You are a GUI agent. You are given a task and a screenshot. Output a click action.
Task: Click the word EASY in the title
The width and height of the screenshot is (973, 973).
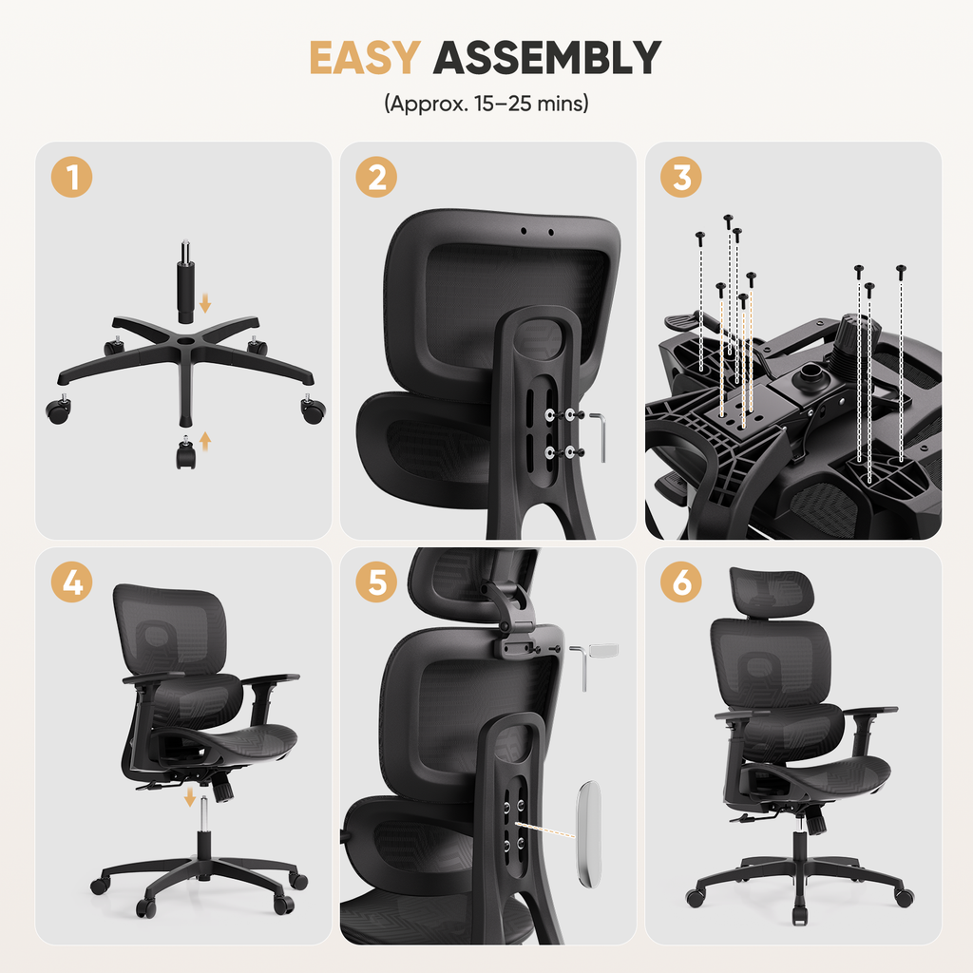(365, 58)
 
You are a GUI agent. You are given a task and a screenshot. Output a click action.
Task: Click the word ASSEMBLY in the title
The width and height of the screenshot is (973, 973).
(547, 58)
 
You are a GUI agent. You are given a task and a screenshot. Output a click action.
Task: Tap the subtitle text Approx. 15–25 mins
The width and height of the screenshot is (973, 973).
(486, 103)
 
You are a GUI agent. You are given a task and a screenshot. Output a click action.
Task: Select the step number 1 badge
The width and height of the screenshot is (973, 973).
(72, 177)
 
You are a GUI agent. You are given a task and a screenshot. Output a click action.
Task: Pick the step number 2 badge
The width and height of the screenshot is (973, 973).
(376, 177)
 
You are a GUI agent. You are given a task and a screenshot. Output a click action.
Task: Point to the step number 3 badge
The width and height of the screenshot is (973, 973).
(681, 177)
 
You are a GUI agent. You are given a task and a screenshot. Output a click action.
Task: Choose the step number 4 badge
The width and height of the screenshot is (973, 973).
(72, 582)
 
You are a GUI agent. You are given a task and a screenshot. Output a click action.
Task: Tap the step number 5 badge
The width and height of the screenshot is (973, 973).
(376, 582)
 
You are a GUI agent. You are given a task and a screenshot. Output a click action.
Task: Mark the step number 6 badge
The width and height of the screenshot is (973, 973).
(681, 582)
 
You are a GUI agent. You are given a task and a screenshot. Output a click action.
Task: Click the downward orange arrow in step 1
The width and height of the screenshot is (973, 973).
(205, 303)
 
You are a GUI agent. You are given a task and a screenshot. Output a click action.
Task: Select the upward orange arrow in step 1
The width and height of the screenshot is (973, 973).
(205, 441)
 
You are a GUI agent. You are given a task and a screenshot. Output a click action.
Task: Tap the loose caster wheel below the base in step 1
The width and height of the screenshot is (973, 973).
(185, 453)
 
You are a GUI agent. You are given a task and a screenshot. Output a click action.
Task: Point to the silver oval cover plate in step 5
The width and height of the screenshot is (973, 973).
(589, 833)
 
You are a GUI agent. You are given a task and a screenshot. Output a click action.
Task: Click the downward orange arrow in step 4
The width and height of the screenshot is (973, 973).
(190, 797)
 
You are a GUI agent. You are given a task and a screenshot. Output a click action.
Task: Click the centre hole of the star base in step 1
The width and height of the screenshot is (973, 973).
(187, 341)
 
